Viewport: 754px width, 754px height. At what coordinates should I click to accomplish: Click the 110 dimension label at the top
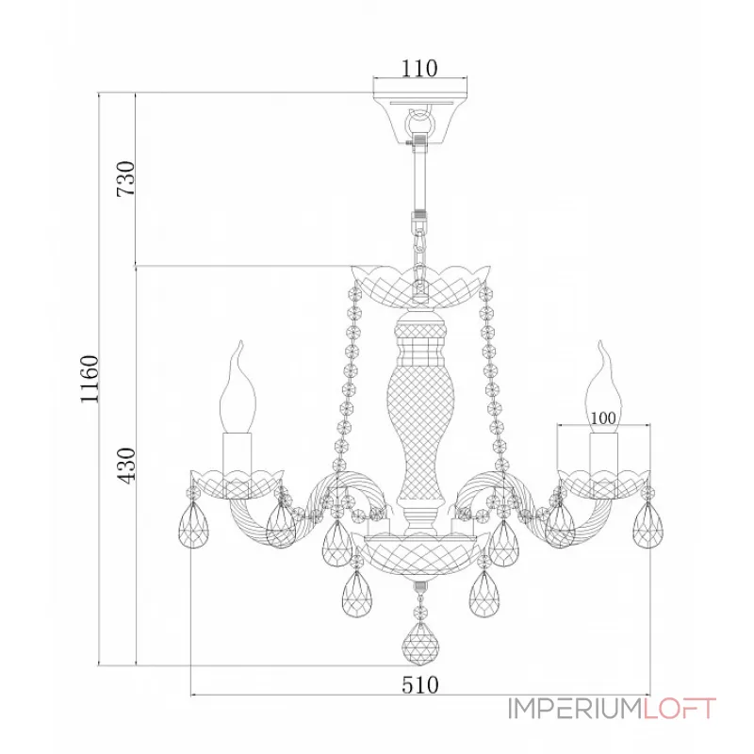(419, 69)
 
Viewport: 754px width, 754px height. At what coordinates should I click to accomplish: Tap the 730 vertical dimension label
(126, 178)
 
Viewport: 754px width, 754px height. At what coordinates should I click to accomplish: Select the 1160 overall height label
(90, 380)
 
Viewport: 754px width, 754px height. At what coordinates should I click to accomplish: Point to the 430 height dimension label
(126, 466)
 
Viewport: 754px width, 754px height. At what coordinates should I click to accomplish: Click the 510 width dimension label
(420, 685)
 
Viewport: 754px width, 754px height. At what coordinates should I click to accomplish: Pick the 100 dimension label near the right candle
(603, 418)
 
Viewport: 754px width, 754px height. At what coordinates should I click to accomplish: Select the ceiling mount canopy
(420, 117)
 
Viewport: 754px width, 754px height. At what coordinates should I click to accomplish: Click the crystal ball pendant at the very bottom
(420, 645)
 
